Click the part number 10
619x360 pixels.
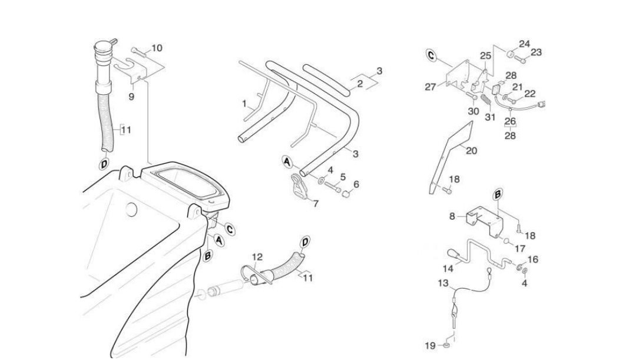click(157, 48)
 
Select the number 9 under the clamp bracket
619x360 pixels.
click(131, 96)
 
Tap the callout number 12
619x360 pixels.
click(257, 257)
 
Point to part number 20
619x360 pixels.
click(471, 150)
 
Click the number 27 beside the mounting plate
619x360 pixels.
click(431, 87)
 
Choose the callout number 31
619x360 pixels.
click(490, 117)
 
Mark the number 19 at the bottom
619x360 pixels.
click(430, 346)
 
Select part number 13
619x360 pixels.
click(443, 283)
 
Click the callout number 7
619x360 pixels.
click(316, 204)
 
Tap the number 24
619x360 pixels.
click(524, 44)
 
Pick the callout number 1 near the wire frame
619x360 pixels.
click(244, 104)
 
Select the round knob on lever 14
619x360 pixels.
click(452, 254)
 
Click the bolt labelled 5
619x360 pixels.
click(332, 187)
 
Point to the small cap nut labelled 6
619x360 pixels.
click(346, 194)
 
